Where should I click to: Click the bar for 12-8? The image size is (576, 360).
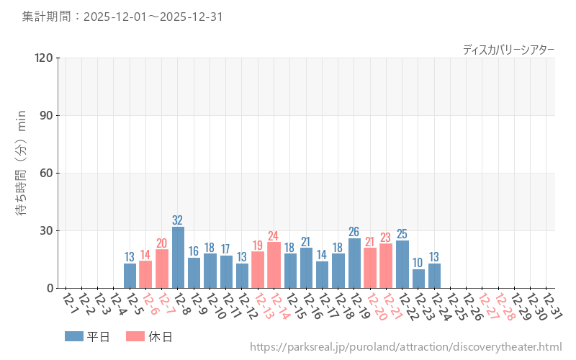pyautogui.click(x=178, y=258)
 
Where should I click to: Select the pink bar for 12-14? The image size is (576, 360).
pyautogui.click(x=274, y=265)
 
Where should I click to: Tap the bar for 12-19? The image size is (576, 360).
pyautogui.click(x=354, y=264)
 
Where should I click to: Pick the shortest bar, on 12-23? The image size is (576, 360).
pyautogui.click(x=418, y=279)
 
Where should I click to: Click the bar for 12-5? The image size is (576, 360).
pyautogui.click(x=130, y=276)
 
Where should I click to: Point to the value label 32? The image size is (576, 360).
pyautogui.click(x=178, y=220)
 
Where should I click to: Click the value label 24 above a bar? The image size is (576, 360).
pyautogui.click(x=274, y=235)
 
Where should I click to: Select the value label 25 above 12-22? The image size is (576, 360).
pyautogui.click(x=402, y=233)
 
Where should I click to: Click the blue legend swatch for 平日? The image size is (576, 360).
pyautogui.click(x=74, y=336)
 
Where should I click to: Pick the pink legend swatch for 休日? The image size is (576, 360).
pyautogui.click(x=135, y=336)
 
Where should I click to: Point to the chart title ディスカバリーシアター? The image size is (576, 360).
pyautogui.click(x=508, y=49)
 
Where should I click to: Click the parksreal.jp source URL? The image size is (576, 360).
pyautogui.click(x=405, y=348)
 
